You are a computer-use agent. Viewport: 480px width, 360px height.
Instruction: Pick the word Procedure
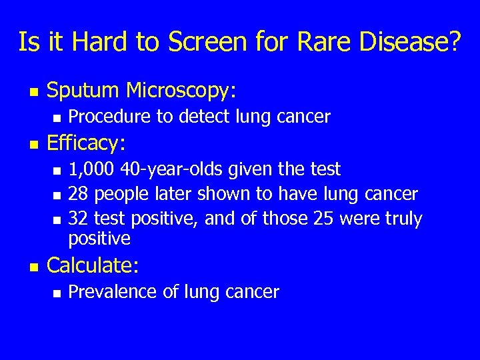[x=110, y=117]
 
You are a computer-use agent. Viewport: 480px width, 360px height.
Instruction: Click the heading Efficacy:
[x=87, y=143]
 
